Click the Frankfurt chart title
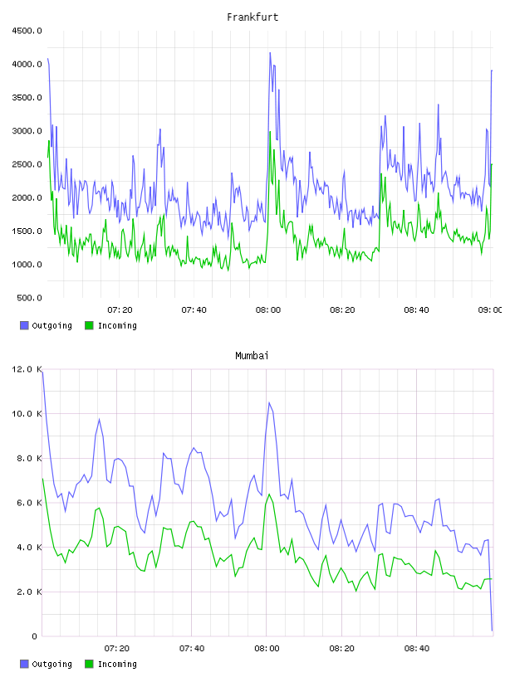(x=252, y=17)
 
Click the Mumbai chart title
(x=252, y=355)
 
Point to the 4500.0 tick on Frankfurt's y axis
(x=27, y=31)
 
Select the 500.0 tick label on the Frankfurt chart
(x=29, y=298)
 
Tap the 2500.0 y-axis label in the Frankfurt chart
(x=27, y=164)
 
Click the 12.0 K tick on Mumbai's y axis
(x=27, y=369)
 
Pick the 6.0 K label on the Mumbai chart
(x=29, y=503)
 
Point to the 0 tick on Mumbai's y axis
(x=34, y=636)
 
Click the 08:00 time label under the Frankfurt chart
(x=268, y=309)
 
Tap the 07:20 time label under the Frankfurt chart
(x=120, y=309)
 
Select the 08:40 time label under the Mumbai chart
(x=417, y=648)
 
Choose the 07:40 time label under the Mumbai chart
(x=192, y=648)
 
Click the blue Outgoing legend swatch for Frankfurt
(x=24, y=325)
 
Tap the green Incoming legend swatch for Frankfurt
(x=89, y=325)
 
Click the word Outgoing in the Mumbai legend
(x=51, y=664)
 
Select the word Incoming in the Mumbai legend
(x=117, y=664)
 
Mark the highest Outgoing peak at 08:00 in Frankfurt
(x=270, y=53)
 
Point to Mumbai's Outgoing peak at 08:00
(x=269, y=402)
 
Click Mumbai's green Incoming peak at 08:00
(x=269, y=494)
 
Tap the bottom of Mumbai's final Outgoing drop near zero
(x=492, y=631)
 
